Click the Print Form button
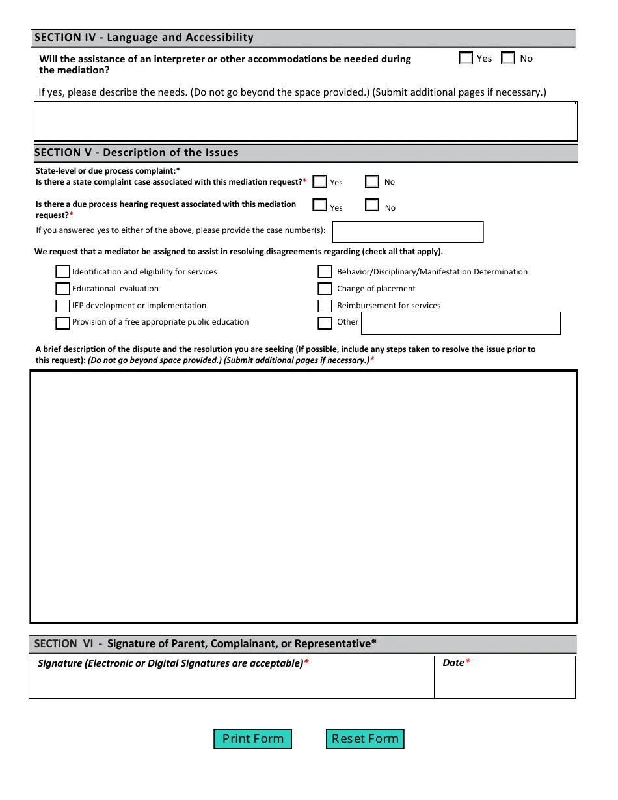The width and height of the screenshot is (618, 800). [252, 739]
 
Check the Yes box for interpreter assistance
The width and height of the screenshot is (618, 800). [466, 59]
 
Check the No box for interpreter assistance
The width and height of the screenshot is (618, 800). [508, 59]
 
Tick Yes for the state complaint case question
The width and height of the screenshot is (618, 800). [319, 182]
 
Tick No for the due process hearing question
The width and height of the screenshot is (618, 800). [371, 206]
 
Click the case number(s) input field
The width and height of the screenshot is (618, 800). [408, 232]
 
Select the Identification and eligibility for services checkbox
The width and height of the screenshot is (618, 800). [62, 272]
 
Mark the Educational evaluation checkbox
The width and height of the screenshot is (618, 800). [62, 289]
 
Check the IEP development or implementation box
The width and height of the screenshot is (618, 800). [62, 306]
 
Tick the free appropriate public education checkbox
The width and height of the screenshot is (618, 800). [62, 323]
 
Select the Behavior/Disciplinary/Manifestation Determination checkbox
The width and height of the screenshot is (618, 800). [325, 272]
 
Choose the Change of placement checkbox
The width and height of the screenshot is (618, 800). [325, 289]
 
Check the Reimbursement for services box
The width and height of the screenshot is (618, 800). [325, 306]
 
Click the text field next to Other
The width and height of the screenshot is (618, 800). [460, 323]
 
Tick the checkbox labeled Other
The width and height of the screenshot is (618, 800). [325, 323]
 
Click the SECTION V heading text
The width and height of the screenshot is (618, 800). [136, 153]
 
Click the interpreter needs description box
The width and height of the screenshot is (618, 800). [305, 122]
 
